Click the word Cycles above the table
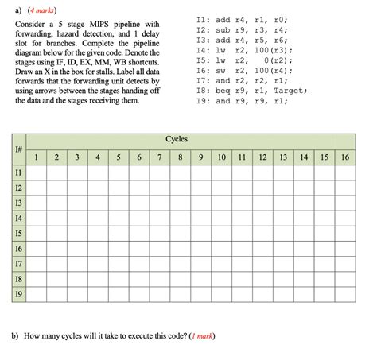(x=177, y=139)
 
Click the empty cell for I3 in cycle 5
(x=119, y=203)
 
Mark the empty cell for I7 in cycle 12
(x=262, y=263)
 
